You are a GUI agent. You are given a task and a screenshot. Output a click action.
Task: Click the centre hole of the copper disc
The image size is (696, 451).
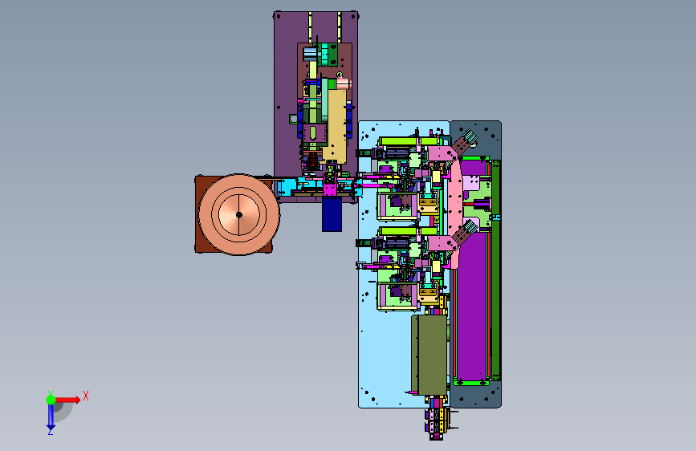238,215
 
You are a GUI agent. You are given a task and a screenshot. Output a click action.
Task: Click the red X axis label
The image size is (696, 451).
86,396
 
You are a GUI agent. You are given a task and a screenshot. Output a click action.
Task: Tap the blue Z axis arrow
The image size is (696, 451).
51,417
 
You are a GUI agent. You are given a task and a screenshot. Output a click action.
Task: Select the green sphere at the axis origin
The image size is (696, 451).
51,400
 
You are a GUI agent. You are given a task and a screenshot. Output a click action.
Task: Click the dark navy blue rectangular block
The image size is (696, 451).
332,214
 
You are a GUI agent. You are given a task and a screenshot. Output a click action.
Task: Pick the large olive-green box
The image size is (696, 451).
429,356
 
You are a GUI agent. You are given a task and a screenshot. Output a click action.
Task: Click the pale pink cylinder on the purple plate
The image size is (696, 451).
344,83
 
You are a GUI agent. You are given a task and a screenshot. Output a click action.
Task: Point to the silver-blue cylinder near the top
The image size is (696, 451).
310,55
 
